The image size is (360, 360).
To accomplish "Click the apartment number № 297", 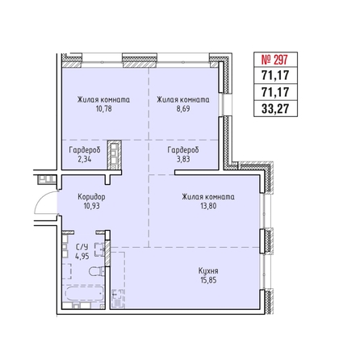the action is [x=274, y=60].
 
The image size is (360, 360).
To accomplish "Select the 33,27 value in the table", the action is [x=275, y=109].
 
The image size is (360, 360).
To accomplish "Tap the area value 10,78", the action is [x=103, y=109].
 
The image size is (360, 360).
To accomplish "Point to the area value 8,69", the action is [x=183, y=109].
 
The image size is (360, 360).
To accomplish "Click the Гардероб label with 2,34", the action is [x=85, y=150].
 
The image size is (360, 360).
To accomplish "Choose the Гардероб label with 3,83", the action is [x=183, y=150].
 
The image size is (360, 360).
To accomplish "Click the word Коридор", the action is [x=91, y=197].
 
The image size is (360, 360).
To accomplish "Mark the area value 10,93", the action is [x=92, y=206].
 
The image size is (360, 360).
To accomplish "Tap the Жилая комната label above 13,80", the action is [x=208, y=197].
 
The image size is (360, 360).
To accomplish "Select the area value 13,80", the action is [x=208, y=206].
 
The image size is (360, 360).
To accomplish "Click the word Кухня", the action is [x=208, y=270].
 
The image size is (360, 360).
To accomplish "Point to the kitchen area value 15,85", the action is [x=208, y=280].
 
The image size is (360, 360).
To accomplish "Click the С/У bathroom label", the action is [x=82, y=247].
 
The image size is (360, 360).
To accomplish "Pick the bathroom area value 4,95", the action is [x=82, y=256].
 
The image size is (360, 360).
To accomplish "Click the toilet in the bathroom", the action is [x=96, y=271].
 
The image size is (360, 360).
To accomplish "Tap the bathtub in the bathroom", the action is [x=85, y=294].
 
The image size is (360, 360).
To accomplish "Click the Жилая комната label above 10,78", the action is [x=103, y=100].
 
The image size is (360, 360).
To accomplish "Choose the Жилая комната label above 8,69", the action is [x=183, y=100].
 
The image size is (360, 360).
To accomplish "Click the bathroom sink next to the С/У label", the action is [x=99, y=249].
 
